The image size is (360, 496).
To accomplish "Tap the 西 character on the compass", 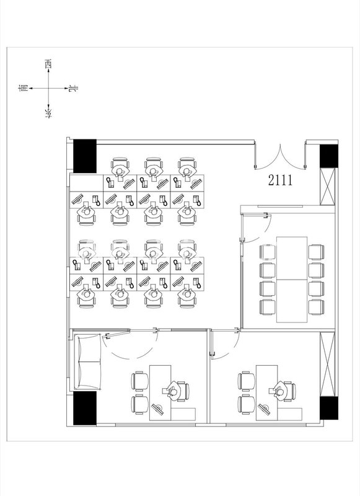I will tap(48, 63).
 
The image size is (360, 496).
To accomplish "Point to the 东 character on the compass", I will tap(48, 113).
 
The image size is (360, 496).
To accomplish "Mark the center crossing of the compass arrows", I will tap(48, 88).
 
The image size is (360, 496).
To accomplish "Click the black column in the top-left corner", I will tap(85, 157).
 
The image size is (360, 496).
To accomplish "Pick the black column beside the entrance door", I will tap(327, 157).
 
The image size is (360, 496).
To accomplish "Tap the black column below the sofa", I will tap(85, 408).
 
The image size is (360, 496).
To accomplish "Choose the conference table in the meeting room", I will tap(291, 278).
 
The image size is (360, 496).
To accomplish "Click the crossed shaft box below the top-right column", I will tap(327, 184).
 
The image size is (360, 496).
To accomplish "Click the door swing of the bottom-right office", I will tap(226, 347).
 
